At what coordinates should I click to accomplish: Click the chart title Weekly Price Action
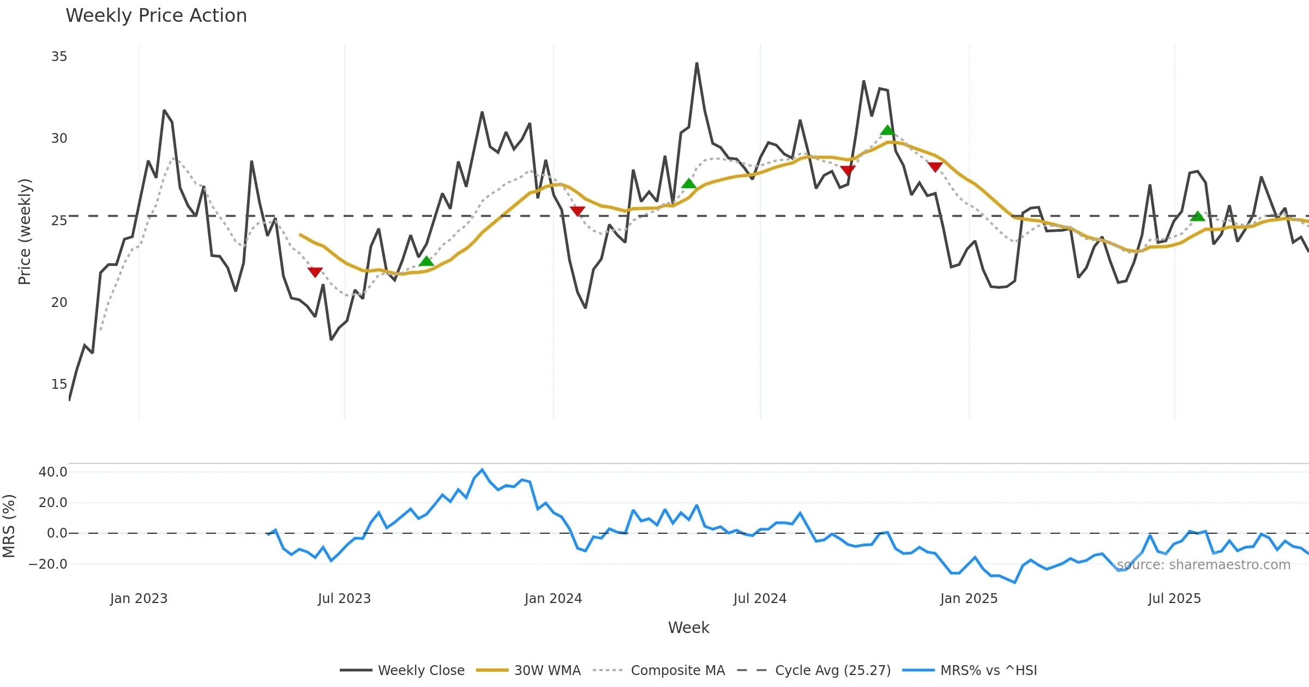click(x=156, y=16)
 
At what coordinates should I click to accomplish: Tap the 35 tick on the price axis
click(x=59, y=57)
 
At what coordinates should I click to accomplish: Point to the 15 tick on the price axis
click(x=59, y=384)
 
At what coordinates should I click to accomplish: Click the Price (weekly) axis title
click(x=25, y=232)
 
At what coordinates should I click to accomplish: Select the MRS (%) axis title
click(x=9, y=526)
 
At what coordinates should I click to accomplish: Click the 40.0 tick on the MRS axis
click(x=53, y=472)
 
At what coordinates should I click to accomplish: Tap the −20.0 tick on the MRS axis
click(x=49, y=564)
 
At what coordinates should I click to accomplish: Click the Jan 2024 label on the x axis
click(x=553, y=599)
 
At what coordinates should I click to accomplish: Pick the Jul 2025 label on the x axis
click(x=1174, y=599)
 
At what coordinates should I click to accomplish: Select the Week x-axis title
click(x=688, y=628)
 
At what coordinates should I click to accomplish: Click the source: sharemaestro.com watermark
click(x=1204, y=565)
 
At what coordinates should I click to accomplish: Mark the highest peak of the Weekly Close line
click(x=696, y=64)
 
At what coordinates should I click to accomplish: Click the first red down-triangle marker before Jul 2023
click(x=315, y=272)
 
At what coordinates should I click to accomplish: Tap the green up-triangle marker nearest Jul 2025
click(x=1197, y=216)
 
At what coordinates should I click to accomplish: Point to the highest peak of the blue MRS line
click(x=482, y=469)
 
